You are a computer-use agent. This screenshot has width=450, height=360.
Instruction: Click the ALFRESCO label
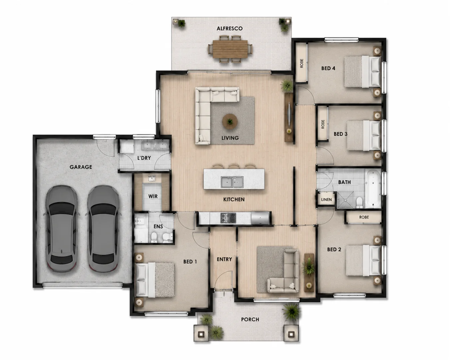click(x=230, y=28)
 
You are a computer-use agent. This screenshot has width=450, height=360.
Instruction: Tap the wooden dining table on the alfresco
click(x=230, y=49)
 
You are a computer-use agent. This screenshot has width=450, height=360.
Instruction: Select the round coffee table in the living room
click(x=230, y=121)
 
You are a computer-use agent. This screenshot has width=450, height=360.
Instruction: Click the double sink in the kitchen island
click(x=232, y=182)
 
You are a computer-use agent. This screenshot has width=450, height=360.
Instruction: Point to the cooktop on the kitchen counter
click(x=228, y=218)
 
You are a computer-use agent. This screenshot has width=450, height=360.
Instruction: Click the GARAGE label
click(x=81, y=167)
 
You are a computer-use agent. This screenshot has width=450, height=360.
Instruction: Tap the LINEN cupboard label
click(x=326, y=200)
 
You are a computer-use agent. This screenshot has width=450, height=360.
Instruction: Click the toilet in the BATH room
click(x=359, y=202)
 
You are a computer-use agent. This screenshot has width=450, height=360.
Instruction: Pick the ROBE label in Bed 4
click(x=302, y=63)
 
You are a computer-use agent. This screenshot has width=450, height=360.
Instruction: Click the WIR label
click(x=153, y=196)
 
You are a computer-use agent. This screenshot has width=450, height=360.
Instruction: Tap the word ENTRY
click(x=224, y=259)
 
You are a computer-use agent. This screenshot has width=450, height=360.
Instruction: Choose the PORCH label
click(x=250, y=319)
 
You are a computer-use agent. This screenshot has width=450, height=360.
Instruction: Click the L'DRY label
click(x=144, y=158)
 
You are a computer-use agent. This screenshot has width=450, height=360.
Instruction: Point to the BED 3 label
click(x=340, y=134)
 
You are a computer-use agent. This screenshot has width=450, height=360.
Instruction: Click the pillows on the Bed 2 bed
click(x=376, y=260)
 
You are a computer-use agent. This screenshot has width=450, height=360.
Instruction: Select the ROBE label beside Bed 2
click(x=364, y=217)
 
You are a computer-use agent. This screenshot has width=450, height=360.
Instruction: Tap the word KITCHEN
click(x=234, y=200)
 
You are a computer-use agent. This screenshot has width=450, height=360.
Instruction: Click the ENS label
click(x=158, y=227)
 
